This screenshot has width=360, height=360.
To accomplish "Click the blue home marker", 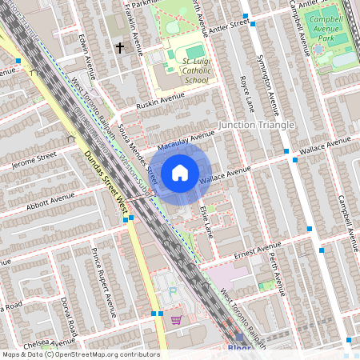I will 180,172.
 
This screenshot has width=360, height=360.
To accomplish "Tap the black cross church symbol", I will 120,48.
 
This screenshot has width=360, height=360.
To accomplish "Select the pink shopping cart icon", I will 176,320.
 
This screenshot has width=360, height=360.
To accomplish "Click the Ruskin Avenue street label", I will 149,102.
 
